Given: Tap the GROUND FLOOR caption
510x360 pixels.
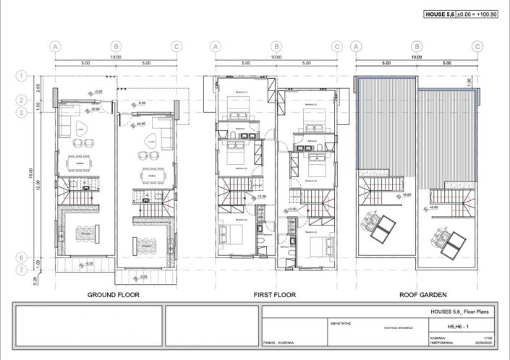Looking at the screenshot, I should (113, 295).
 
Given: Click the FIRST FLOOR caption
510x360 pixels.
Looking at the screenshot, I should (275, 295).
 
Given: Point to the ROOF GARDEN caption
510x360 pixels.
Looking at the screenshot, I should (423, 295).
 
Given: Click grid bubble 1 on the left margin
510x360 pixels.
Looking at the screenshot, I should (22, 75).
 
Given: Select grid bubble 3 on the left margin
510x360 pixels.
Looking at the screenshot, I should (22, 112).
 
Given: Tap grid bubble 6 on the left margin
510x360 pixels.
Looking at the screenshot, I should (22, 257).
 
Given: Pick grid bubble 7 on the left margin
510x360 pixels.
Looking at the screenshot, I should (22, 270).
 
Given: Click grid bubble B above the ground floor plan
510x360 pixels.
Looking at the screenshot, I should (116, 46).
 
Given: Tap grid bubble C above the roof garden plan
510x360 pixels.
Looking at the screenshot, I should (476, 46).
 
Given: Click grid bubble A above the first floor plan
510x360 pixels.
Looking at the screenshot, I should (215, 46).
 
